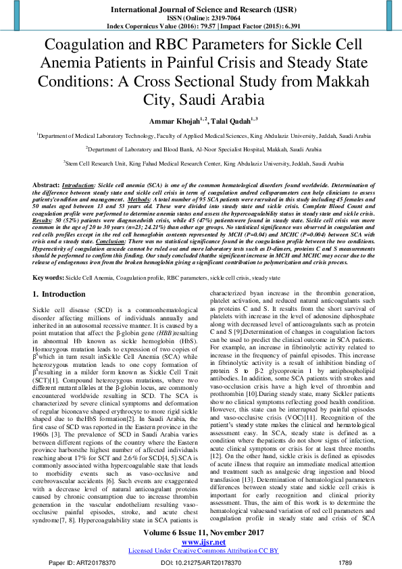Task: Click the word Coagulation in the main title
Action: (81, 47)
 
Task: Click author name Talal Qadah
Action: (230, 120)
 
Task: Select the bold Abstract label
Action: (46, 184)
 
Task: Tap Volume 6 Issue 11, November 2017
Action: (201, 531)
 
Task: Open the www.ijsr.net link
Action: (201, 541)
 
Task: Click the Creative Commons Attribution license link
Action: (201, 550)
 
